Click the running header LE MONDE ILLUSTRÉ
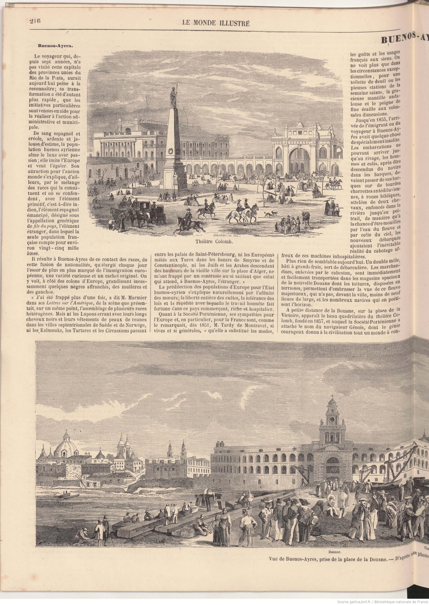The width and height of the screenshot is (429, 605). (x=216, y=23)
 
